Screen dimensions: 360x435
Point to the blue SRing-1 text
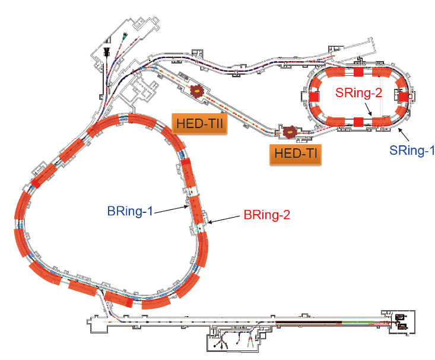pyautogui.click(x=408, y=151)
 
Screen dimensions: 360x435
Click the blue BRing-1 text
pyautogui.click(x=131, y=211)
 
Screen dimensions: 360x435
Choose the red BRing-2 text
pyautogui.click(x=267, y=215)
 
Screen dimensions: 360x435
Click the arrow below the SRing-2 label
pyautogui.click(x=368, y=108)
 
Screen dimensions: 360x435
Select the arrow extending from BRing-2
pyautogui.click(x=223, y=219)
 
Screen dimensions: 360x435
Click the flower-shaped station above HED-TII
pyautogui.click(x=196, y=91)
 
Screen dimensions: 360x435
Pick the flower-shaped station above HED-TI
pyautogui.click(x=291, y=132)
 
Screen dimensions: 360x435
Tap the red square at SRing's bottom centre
pyautogui.click(x=358, y=122)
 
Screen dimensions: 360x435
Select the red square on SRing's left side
pyautogui.click(x=316, y=96)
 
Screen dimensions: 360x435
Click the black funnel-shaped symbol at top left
pyautogui.click(x=107, y=52)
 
